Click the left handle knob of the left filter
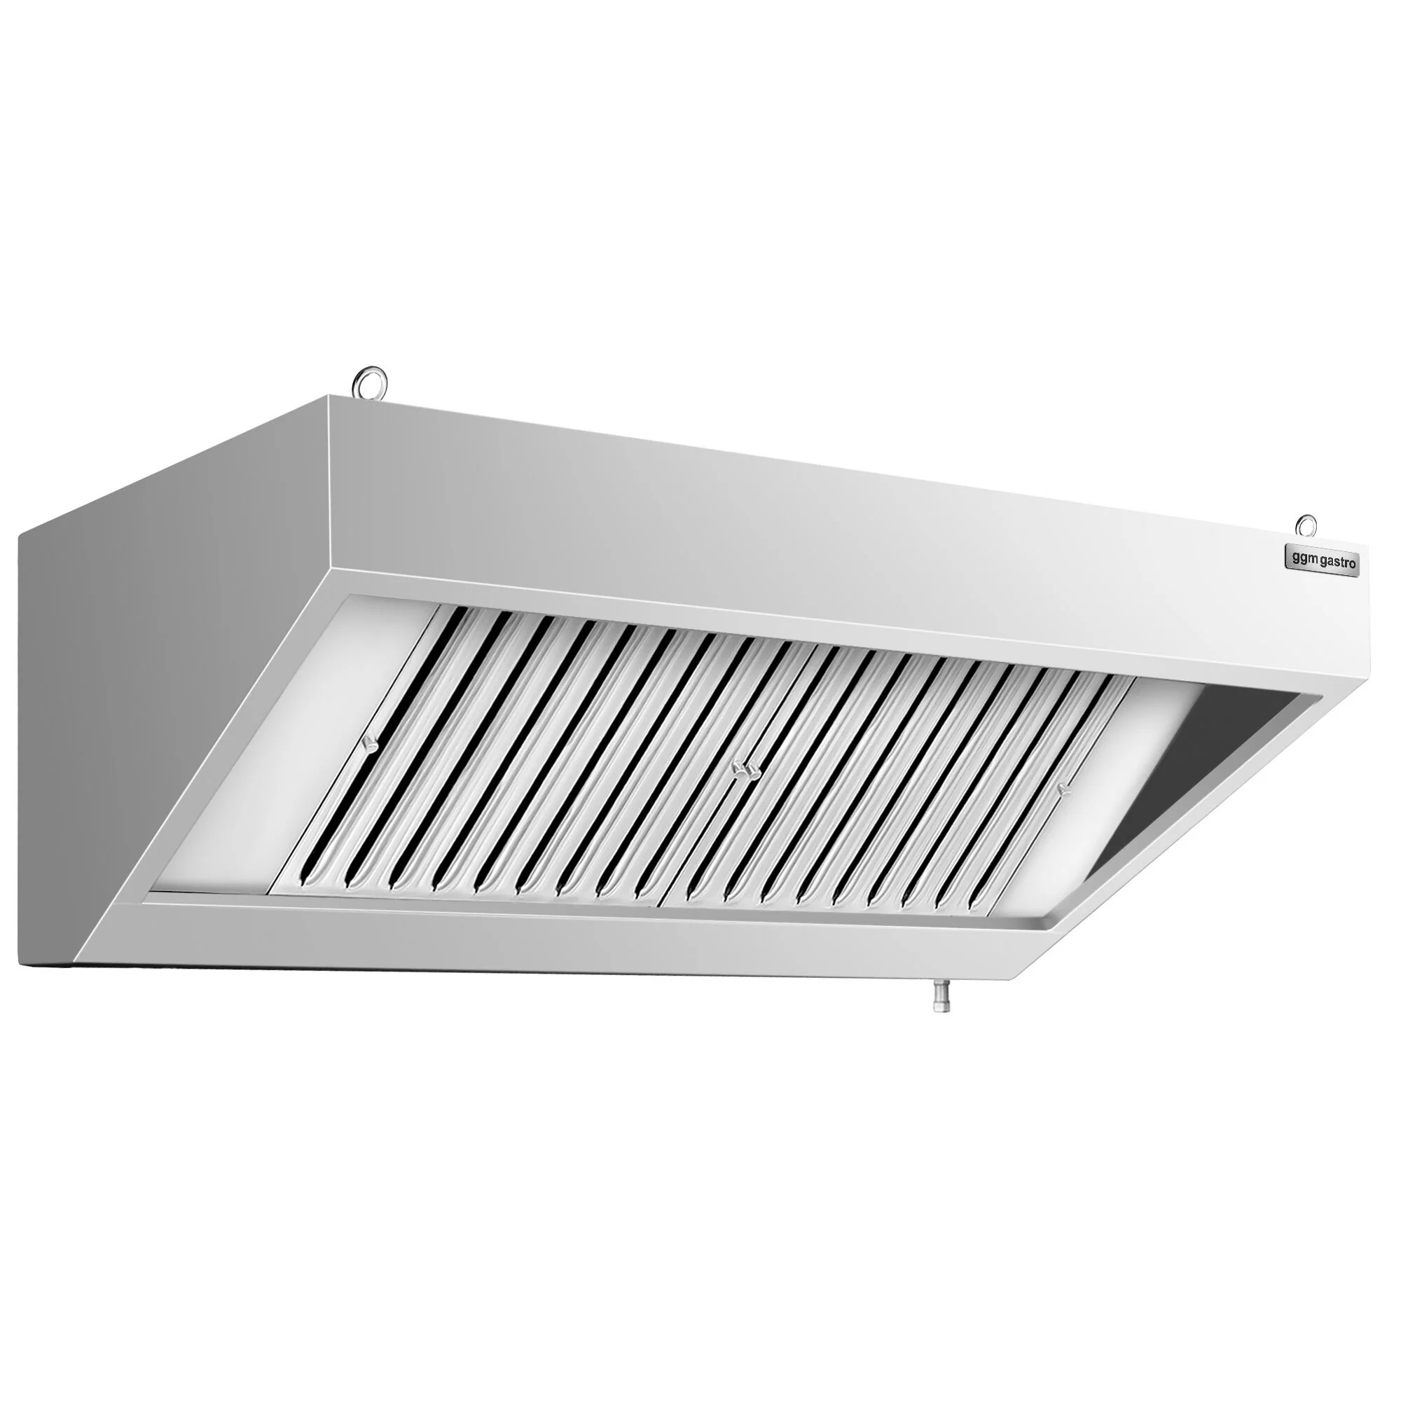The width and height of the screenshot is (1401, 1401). click(x=371, y=743)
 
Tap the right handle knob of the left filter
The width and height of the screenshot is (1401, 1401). click(x=739, y=768)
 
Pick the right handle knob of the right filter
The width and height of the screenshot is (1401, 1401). click(x=1063, y=789)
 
